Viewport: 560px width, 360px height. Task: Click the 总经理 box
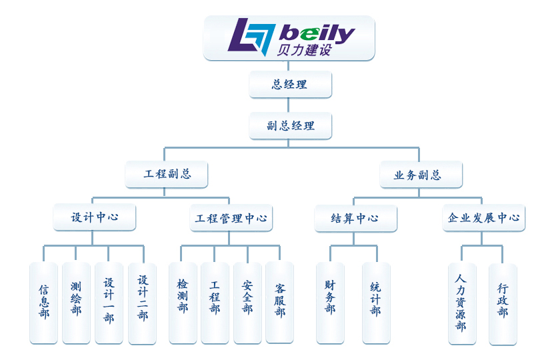point(290,85)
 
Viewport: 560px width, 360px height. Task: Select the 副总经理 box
point(290,125)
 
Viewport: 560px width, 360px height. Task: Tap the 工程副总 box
point(167,175)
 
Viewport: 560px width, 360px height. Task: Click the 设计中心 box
point(95,217)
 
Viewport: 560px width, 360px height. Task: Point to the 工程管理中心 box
point(231,217)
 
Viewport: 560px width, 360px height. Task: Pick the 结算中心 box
point(355,217)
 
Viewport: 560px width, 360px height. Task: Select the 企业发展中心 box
point(483,217)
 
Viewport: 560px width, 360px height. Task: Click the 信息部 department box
point(44,303)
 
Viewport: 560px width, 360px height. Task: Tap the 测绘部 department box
point(76,303)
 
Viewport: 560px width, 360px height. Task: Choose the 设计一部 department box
point(109,303)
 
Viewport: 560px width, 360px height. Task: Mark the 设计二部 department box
point(142,303)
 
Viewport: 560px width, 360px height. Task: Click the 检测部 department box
point(183,303)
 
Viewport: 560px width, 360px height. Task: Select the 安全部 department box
point(247,303)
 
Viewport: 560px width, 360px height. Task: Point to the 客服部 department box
point(279,303)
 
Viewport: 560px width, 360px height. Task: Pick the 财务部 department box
point(330,303)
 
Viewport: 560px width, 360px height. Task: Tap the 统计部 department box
point(376,303)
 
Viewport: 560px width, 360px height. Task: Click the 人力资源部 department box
point(461,303)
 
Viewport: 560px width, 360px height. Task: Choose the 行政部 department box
point(503,303)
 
